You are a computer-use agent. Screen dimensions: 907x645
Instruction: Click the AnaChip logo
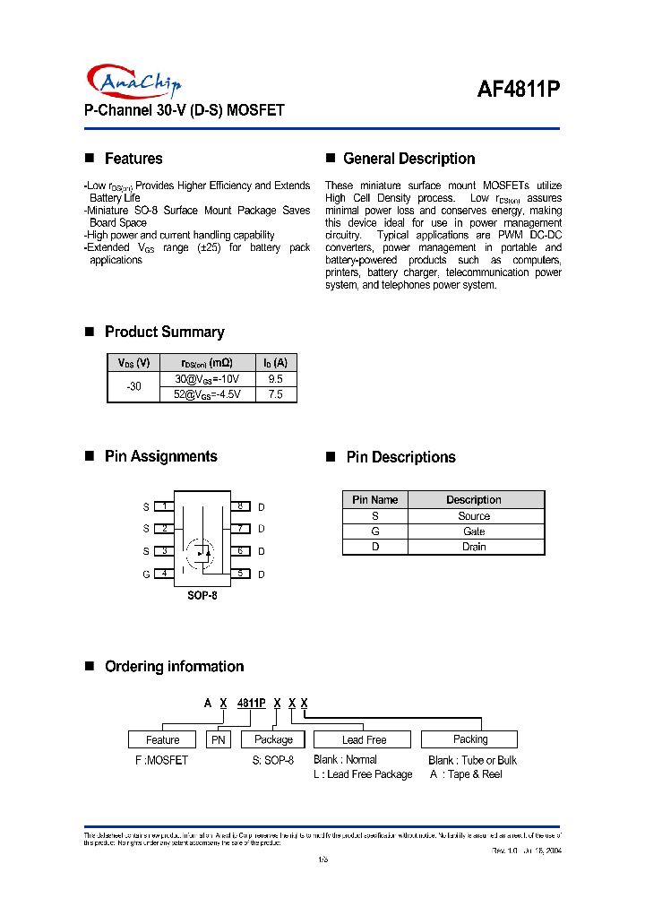(x=135, y=82)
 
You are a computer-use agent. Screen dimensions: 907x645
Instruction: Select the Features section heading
(x=133, y=159)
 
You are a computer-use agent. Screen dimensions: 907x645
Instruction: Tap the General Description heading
(x=408, y=159)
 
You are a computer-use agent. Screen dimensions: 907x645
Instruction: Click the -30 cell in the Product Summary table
(x=133, y=386)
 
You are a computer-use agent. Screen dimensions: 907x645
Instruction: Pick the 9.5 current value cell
(x=275, y=379)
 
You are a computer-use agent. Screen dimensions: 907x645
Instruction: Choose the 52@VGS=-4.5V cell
(x=207, y=394)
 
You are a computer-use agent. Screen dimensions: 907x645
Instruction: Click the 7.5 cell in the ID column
(x=275, y=394)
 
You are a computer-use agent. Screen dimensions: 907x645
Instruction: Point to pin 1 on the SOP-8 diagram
(x=164, y=506)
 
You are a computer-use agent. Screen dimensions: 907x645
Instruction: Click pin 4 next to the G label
(x=164, y=574)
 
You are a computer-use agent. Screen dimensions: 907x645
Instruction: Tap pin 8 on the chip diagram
(x=240, y=506)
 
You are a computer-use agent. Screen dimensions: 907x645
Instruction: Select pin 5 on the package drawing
(x=240, y=574)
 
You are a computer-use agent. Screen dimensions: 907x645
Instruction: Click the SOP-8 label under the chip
(x=202, y=595)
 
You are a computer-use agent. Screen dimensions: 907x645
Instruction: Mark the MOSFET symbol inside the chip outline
(x=201, y=553)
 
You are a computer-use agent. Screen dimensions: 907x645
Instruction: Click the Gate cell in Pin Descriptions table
(x=474, y=531)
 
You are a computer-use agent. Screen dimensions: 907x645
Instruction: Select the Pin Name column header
(x=374, y=499)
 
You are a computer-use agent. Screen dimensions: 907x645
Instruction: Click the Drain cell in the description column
(x=474, y=547)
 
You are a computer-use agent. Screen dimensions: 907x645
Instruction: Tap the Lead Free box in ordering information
(x=363, y=739)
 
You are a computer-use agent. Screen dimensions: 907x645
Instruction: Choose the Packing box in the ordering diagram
(x=469, y=739)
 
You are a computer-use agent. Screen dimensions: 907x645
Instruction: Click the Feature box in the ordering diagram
(x=162, y=739)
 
